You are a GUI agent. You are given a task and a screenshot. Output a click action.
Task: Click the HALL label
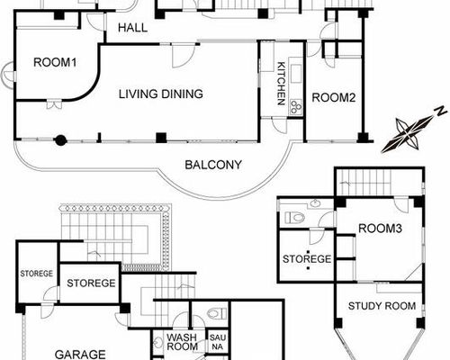(132, 28)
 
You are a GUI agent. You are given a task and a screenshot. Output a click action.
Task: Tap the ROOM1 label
(55, 62)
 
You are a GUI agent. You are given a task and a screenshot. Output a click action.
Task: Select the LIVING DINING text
(161, 94)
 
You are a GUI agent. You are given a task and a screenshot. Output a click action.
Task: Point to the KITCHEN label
(281, 84)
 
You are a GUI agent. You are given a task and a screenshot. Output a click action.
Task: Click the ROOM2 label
(334, 98)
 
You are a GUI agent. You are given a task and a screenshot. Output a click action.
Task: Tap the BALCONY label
(213, 165)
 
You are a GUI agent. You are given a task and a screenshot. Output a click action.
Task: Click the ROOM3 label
(380, 229)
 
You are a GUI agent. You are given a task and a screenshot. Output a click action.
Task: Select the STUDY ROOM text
(382, 306)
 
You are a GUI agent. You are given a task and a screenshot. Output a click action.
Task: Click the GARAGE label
(80, 355)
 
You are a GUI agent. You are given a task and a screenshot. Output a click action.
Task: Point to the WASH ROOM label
(182, 342)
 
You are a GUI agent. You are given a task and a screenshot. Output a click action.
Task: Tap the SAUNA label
(218, 342)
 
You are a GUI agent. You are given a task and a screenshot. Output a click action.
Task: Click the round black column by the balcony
(60, 140)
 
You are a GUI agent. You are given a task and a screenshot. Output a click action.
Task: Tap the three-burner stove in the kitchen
(296, 107)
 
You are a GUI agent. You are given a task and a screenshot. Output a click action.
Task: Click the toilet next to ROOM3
(294, 217)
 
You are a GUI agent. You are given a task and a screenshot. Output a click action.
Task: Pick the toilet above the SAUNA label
(217, 313)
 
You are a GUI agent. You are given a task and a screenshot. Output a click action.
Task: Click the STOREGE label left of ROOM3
(307, 259)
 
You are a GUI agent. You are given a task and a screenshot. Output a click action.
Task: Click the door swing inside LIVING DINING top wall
(184, 56)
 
